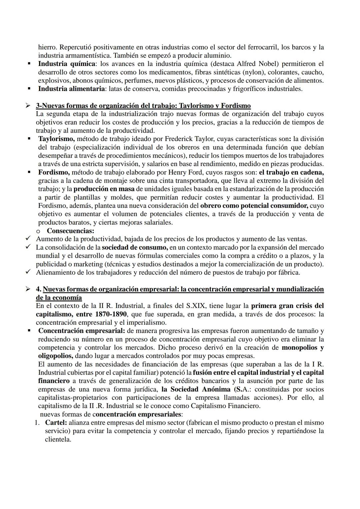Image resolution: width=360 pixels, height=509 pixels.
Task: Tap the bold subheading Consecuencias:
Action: [x=70, y=231]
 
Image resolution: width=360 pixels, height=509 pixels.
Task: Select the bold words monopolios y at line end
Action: [x=302, y=347]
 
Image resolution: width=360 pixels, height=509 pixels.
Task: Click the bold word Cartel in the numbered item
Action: [x=56, y=422]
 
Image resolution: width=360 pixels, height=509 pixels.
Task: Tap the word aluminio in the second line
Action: [x=219, y=55]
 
